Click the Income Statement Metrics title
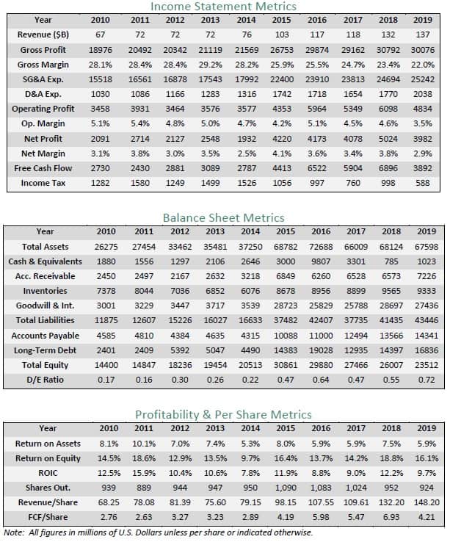pyautogui.click(x=223, y=6)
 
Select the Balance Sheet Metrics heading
pyautogui.click(x=224, y=218)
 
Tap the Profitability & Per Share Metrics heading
pyautogui.click(x=223, y=414)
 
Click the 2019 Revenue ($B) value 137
pyautogui.click(x=422, y=35)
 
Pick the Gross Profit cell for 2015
pyautogui.click(x=282, y=50)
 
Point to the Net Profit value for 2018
pyautogui.click(x=388, y=139)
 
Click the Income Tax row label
pyautogui.click(x=43, y=183)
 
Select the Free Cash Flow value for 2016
pyautogui.click(x=317, y=168)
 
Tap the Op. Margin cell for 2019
pyautogui.click(x=422, y=123)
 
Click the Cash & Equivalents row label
pyautogui.click(x=45, y=261)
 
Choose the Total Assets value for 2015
pyautogui.click(x=286, y=247)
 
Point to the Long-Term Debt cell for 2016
pyautogui.click(x=321, y=350)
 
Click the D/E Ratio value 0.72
pyautogui.click(x=427, y=380)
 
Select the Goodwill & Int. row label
pyautogui.click(x=45, y=306)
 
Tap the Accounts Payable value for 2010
pyautogui.click(x=106, y=336)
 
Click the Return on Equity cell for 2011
pyautogui.click(x=144, y=458)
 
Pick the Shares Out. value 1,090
pyautogui.click(x=286, y=488)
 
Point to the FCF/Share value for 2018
pyautogui.click(x=391, y=517)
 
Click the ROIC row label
pyautogui.click(x=48, y=473)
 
